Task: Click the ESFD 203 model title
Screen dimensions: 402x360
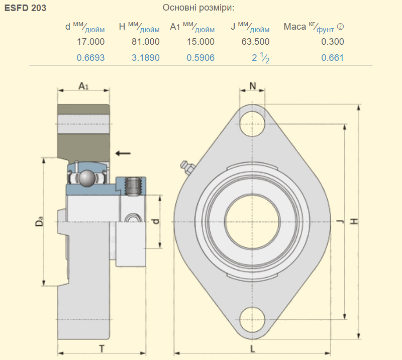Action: pyautogui.click(x=26, y=8)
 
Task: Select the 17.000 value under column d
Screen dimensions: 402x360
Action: pyautogui.click(x=91, y=42)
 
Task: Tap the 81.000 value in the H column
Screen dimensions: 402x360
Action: pyautogui.click(x=146, y=42)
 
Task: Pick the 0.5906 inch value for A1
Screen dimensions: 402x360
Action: pyautogui.click(x=200, y=58)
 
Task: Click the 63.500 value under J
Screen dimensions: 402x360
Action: pyautogui.click(x=255, y=42)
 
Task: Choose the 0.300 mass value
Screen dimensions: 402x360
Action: pyautogui.click(x=333, y=42)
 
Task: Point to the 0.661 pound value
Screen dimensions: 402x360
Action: pyautogui.click(x=333, y=58)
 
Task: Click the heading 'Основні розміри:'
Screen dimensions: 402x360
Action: pyautogui.click(x=198, y=8)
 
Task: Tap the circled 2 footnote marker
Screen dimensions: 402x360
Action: pyautogui.click(x=340, y=27)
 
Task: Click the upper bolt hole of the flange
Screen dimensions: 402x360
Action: pyautogui.click(x=252, y=124)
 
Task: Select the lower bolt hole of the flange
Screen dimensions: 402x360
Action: pyautogui.click(x=252, y=320)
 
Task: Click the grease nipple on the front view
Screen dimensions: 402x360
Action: pyautogui.click(x=187, y=168)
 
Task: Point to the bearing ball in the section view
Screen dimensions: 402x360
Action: pyautogui.click(x=86, y=178)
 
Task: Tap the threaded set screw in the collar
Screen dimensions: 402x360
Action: pyautogui.click(x=133, y=187)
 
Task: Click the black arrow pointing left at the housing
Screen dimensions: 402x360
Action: pyautogui.click(x=123, y=153)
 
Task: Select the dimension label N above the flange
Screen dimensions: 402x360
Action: pyautogui.click(x=253, y=86)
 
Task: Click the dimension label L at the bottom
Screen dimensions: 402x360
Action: pyautogui.click(x=253, y=349)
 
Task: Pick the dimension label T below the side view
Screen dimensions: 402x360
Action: pyautogui.click(x=102, y=349)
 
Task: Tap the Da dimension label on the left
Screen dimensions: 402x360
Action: pyautogui.click(x=40, y=221)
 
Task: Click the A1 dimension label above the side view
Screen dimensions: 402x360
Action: pyautogui.click(x=83, y=86)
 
